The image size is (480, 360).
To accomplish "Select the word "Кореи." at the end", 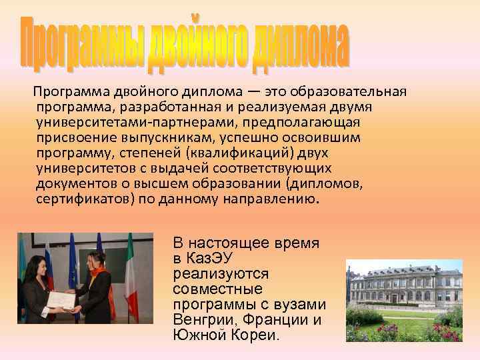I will click(255, 335).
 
